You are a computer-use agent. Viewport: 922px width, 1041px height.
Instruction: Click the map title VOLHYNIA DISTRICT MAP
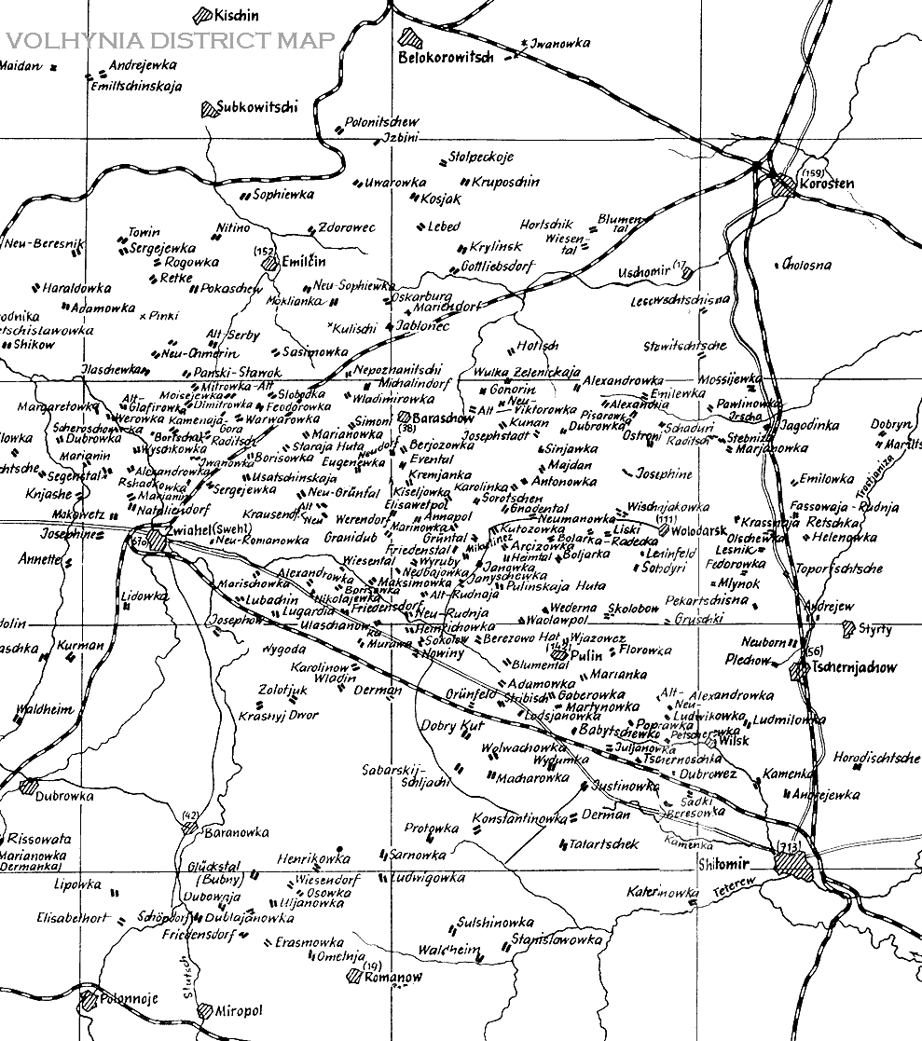(x=168, y=41)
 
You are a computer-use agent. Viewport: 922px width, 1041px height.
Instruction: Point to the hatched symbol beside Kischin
(x=200, y=16)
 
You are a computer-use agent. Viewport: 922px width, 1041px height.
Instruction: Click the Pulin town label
(x=586, y=655)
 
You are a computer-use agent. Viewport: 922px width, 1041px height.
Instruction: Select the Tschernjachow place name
(x=854, y=668)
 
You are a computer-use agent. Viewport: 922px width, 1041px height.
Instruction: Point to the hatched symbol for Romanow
(x=353, y=977)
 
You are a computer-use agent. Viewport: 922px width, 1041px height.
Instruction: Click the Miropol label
(x=241, y=1011)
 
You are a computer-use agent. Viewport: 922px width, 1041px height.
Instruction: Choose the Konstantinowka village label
(x=519, y=818)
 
